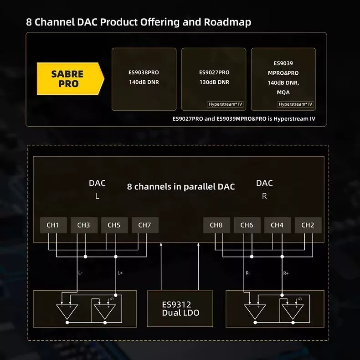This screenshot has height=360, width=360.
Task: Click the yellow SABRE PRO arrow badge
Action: pos(71,78)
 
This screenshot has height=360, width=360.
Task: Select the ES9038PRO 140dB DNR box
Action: pos(144,79)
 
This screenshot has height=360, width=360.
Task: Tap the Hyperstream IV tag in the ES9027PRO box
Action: pos(225,104)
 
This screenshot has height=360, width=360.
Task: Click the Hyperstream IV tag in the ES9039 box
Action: pos(295,104)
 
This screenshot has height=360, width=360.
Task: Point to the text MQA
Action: pos(283,93)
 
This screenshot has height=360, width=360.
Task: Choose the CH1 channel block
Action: pos(53,225)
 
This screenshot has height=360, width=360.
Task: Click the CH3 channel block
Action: pos(84,225)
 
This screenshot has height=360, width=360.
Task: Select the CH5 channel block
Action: pos(114,225)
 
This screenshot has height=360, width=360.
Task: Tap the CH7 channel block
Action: pos(145,225)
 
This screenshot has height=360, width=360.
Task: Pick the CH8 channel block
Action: pos(216,225)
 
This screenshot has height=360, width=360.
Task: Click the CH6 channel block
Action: pos(247,225)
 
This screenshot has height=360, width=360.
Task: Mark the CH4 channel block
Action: pos(278,225)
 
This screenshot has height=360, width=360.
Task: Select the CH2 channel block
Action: pos(308,225)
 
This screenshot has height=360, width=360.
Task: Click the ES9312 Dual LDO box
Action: pos(180,309)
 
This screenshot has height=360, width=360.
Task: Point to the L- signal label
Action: pos(80,273)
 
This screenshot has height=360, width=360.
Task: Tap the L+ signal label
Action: pos(120,273)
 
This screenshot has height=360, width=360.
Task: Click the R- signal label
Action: pos(248,273)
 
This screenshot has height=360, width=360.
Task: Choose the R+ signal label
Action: pos(286,273)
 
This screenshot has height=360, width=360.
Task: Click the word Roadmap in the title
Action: pos(227,22)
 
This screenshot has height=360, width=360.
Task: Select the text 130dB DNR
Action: pos(214,82)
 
